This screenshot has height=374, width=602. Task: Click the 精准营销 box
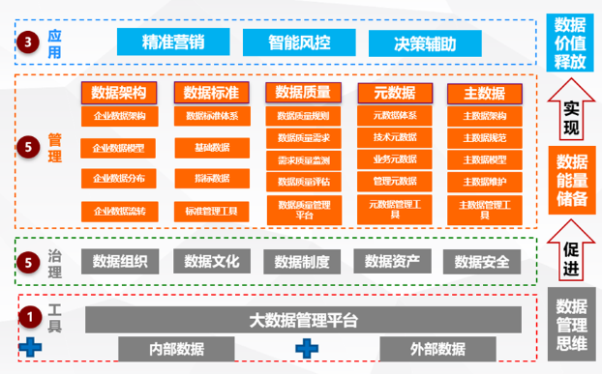(x=173, y=43)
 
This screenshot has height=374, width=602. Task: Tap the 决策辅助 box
(x=425, y=43)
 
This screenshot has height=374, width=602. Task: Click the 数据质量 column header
(x=303, y=93)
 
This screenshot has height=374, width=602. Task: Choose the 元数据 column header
(x=394, y=93)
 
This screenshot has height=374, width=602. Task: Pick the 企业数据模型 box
(x=119, y=148)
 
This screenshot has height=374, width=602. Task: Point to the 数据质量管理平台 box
(x=303, y=210)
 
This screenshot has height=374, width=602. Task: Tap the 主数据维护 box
(x=484, y=181)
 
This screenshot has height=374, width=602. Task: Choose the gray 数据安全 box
(x=481, y=261)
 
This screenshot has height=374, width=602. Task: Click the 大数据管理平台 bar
(x=303, y=319)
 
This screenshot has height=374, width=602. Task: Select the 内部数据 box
(x=176, y=349)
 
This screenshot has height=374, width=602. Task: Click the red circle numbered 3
(x=30, y=42)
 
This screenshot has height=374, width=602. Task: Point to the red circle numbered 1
(x=30, y=316)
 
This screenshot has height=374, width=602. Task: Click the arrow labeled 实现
(x=571, y=115)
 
